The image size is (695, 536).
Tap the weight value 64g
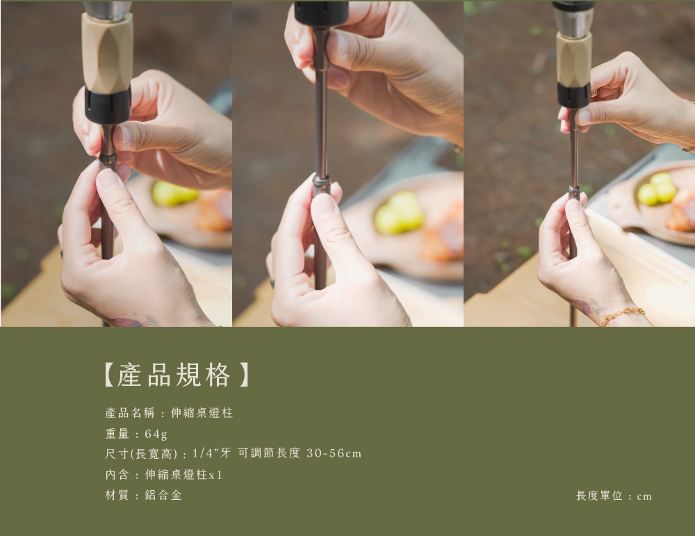pos(156,434)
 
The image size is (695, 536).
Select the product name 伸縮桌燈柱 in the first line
pos(202,413)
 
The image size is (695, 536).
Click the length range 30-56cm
pos(334,453)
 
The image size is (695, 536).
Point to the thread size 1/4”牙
pos(212,453)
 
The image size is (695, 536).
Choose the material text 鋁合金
pos(163,495)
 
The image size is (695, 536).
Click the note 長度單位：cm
pos(614,496)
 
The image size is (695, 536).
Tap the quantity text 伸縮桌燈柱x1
pos(184,475)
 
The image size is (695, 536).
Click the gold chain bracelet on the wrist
pos(622,315)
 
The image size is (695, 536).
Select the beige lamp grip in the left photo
pos(107,52)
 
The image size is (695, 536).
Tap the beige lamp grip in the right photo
pos(573,60)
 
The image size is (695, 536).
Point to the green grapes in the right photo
pos(657,189)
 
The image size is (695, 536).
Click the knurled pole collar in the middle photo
pos(321,184)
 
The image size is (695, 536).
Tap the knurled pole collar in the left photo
pos(108,161)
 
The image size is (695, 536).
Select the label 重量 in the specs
pos(117,434)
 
